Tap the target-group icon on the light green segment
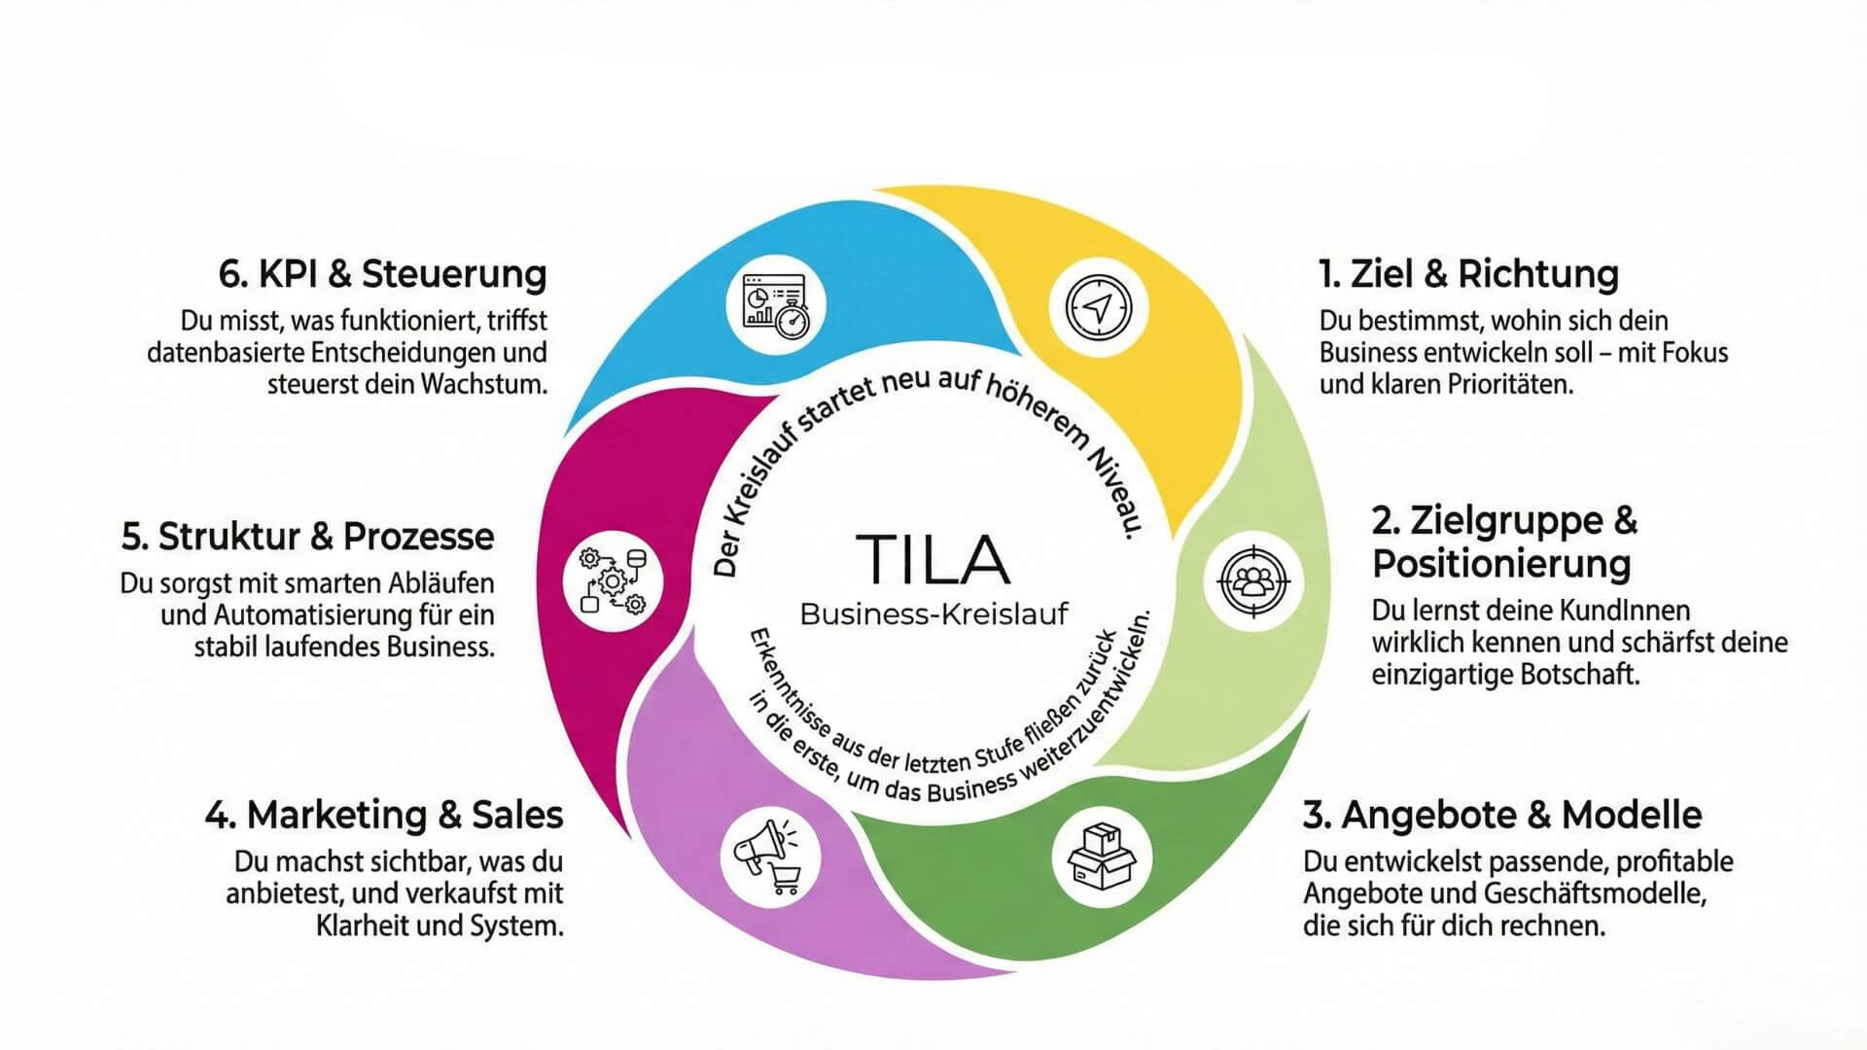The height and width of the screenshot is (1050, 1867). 1254,581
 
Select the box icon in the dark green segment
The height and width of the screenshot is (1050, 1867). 1101,857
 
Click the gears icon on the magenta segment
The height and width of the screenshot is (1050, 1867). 613,582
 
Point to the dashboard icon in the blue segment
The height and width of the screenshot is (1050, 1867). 776,305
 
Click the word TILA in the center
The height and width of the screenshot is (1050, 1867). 933,559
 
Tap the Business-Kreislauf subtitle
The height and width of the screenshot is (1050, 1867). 933,614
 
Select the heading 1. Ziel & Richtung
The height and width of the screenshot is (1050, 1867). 1468,274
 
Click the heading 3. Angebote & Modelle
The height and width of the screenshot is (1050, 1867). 1502,815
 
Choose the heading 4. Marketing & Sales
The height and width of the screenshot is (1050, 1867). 384,815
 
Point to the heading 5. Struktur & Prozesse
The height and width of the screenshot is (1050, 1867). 308,537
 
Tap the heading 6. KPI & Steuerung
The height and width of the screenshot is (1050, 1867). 382,274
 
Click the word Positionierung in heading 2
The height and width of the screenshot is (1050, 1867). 1501,564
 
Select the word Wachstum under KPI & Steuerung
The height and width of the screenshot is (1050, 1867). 483,384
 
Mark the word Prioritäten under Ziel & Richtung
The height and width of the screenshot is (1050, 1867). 1509,384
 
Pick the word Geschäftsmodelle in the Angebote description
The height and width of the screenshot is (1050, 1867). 1595,893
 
